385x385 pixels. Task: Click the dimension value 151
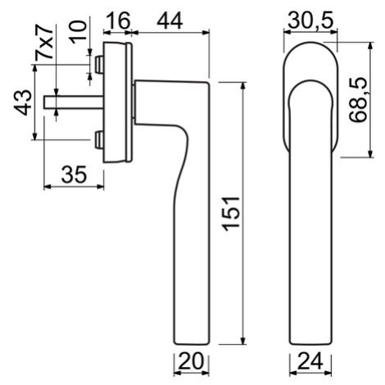click(x=232, y=213)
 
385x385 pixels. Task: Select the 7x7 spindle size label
click(x=44, y=43)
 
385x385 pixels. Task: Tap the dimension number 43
click(x=23, y=102)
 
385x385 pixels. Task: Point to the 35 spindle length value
click(x=74, y=174)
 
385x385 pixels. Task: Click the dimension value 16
click(x=117, y=20)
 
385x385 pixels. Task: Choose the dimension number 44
click(x=170, y=20)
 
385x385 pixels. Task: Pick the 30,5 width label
click(x=310, y=20)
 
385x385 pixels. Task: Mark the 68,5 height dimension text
click(x=359, y=100)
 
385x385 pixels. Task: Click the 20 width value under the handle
click(x=192, y=361)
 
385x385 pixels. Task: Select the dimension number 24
click(x=310, y=361)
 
